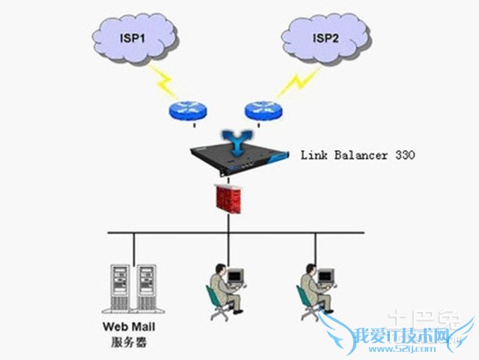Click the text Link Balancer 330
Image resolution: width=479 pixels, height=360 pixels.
(357, 156)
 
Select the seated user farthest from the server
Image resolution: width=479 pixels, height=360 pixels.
(315, 288)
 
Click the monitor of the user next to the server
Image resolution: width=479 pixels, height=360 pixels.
(236, 277)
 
